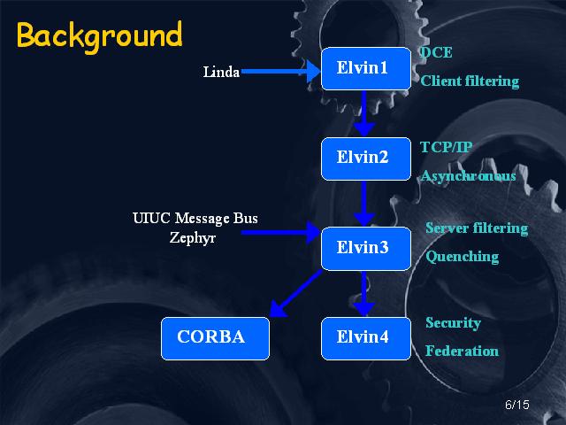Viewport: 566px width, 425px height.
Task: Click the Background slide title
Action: (99, 35)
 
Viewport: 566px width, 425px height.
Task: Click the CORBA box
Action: (210, 337)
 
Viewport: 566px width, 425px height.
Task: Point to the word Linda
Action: (221, 72)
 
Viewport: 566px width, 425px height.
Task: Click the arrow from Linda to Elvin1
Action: (279, 72)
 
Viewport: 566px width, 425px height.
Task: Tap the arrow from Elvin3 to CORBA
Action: (295, 294)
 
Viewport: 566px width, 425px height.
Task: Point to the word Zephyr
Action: (194, 237)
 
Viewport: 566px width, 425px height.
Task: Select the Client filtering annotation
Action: (470, 81)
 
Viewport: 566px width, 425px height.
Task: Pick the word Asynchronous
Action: (468, 176)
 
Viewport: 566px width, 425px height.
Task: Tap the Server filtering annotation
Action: (476, 228)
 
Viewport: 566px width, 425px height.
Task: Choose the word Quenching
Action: (462, 257)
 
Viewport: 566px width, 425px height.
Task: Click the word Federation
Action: (462, 351)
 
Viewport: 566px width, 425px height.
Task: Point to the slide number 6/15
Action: (516, 405)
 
